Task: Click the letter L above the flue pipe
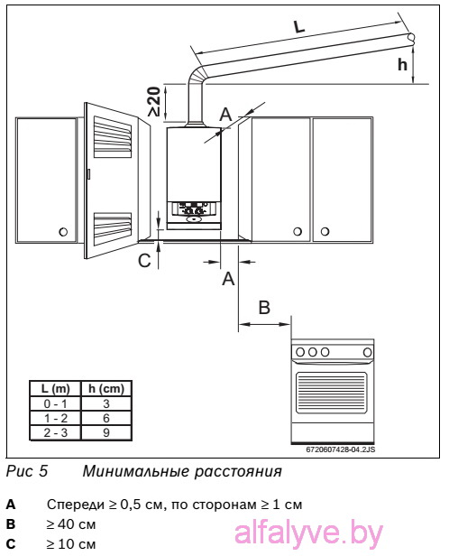299,27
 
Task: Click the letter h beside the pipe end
402,65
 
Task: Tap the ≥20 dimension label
154,101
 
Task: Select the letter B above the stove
264,307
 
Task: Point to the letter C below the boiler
144,261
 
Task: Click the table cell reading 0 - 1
55,403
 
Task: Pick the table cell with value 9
106,432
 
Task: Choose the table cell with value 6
106,418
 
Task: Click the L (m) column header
55,389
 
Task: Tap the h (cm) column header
106,389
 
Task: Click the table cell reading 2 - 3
55,432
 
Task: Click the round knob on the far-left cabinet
63,232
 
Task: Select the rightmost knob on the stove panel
368,352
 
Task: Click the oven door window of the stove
332,393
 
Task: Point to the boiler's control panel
195,212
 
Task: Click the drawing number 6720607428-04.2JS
340,449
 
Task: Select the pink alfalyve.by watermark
308,533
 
